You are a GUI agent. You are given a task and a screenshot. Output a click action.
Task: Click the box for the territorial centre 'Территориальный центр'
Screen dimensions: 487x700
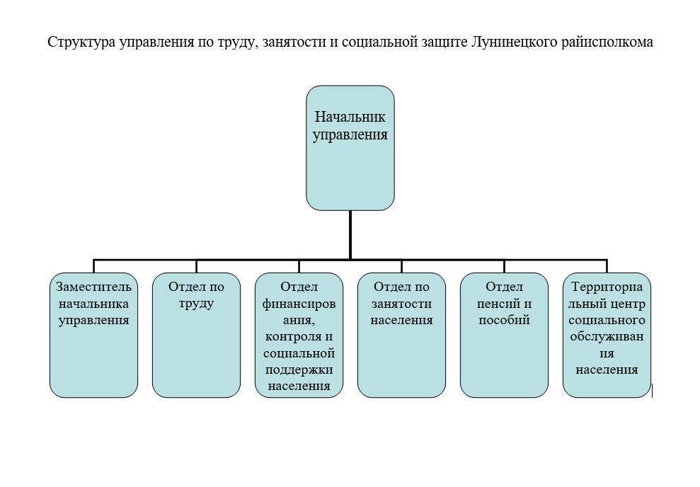tap(607, 335)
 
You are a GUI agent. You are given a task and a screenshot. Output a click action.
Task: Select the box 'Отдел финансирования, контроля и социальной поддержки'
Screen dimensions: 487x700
tap(299, 335)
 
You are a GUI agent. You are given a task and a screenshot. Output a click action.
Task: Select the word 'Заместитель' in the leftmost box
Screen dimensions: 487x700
tap(93, 287)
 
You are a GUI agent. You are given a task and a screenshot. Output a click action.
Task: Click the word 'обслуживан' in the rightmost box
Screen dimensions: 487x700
tap(607, 336)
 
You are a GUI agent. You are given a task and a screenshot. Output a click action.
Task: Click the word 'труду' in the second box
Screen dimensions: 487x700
tap(196, 304)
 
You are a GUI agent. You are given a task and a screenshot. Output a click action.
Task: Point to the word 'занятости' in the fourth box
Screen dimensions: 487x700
tap(401, 304)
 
